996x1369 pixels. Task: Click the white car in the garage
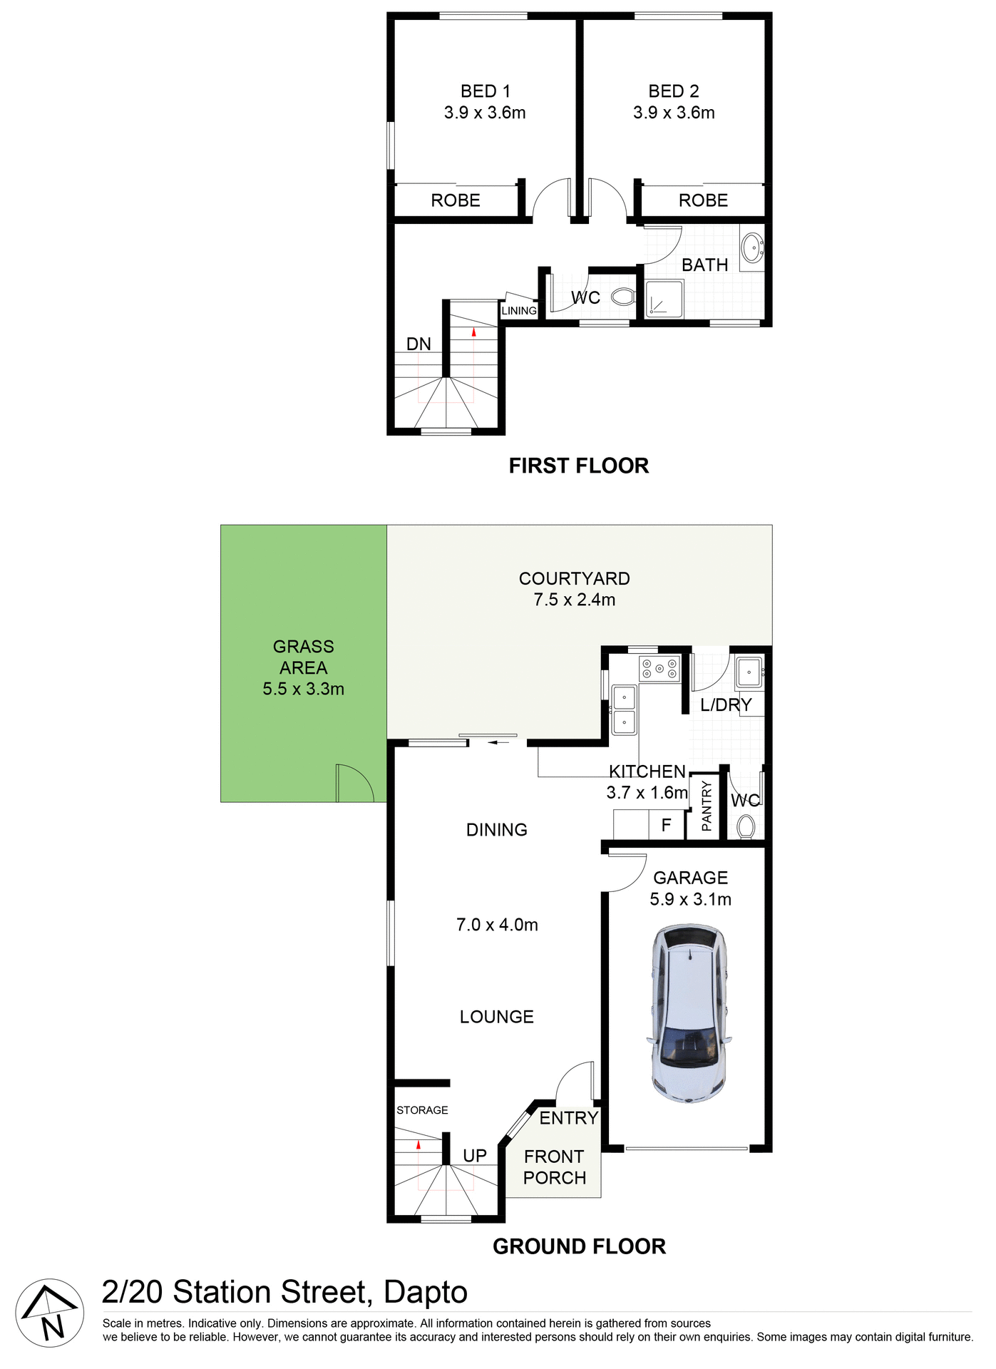(x=689, y=1012)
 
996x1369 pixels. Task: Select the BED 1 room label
(x=485, y=91)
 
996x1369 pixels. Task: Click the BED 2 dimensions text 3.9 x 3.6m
(x=674, y=113)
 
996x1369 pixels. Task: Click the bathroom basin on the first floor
(x=751, y=248)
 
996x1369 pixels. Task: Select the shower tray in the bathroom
(x=664, y=299)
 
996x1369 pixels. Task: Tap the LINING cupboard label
(x=518, y=311)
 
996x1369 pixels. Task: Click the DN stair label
(x=419, y=344)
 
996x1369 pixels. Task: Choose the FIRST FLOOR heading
(x=578, y=466)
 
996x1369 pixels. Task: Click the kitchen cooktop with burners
(x=659, y=669)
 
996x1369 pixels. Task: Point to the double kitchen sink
(x=624, y=709)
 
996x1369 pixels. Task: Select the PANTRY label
(x=706, y=806)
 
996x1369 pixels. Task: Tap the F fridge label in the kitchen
(x=666, y=825)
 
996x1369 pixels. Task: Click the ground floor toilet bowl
(x=746, y=827)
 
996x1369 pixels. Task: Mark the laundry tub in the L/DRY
(x=749, y=672)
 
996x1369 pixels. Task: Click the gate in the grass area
(x=354, y=783)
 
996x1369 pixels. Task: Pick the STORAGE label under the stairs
(x=422, y=1110)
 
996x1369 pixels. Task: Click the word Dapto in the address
(x=425, y=1293)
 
